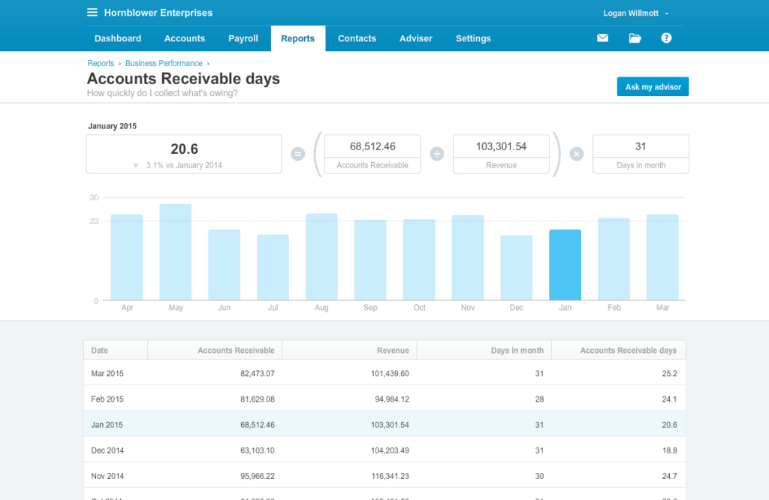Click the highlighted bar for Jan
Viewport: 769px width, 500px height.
tap(565, 265)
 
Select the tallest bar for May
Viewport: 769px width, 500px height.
tap(175, 252)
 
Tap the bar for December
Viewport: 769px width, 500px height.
tap(517, 268)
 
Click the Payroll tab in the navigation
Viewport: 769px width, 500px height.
tap(243, 38)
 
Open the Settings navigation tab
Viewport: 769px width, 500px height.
tap(473, 38)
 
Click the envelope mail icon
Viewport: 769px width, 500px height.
tap(602, 38)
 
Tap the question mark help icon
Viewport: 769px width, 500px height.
tap(666, 38)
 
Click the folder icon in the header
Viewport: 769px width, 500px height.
tap(635, 38)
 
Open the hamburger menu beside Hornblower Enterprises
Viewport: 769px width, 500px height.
tap(92, 13)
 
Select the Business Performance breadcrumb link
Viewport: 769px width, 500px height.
tap(164, 64)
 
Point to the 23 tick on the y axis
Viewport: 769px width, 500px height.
tap(94, 221)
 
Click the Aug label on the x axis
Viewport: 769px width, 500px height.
tap(321, 308)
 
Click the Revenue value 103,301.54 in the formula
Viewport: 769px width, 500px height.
tap(501, 146)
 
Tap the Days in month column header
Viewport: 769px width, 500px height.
tap(517, 351)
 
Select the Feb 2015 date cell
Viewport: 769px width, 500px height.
tap(107, 399)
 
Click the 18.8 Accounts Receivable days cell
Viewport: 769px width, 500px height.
tap(668, 450)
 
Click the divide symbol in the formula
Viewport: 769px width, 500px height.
tap(437, 154)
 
